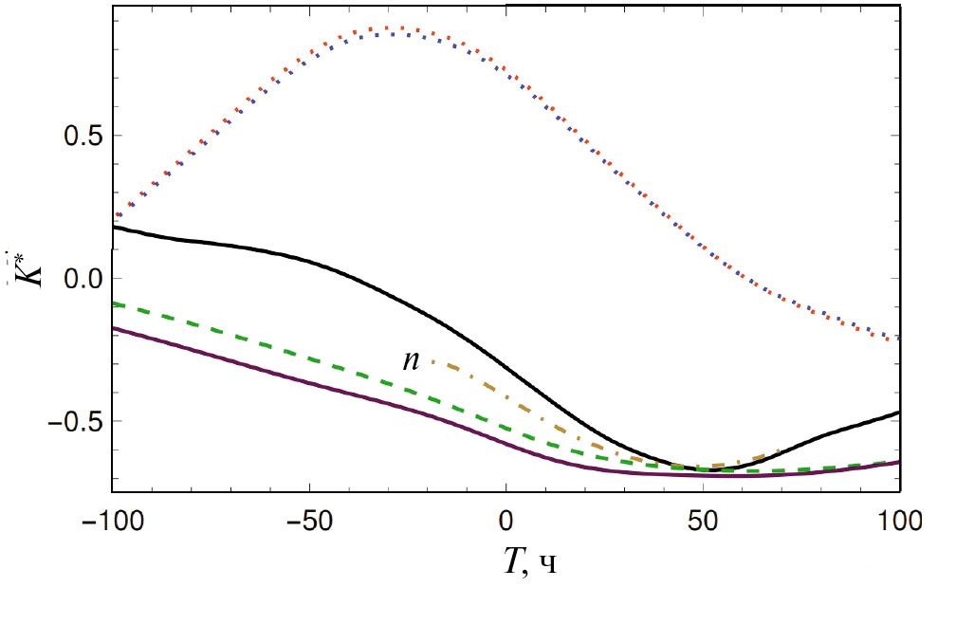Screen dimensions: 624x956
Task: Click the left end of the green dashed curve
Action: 114,304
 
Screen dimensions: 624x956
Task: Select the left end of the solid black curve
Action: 114,228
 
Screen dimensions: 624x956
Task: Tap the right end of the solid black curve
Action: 898,413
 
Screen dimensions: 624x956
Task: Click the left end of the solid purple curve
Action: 114,328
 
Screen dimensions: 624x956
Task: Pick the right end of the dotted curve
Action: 897,339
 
